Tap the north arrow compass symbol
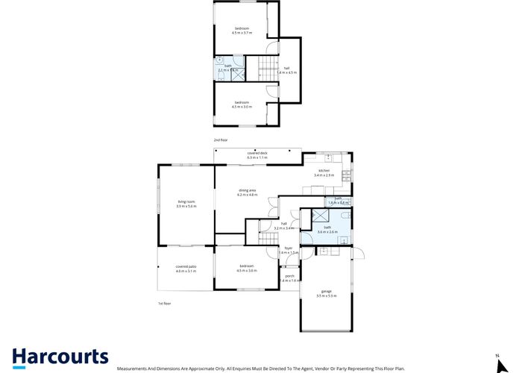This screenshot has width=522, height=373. (497, 362)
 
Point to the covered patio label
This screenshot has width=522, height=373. (186, 269)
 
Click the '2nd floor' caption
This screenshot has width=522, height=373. (221, 139)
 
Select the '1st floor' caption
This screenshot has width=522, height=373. (164, 304)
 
